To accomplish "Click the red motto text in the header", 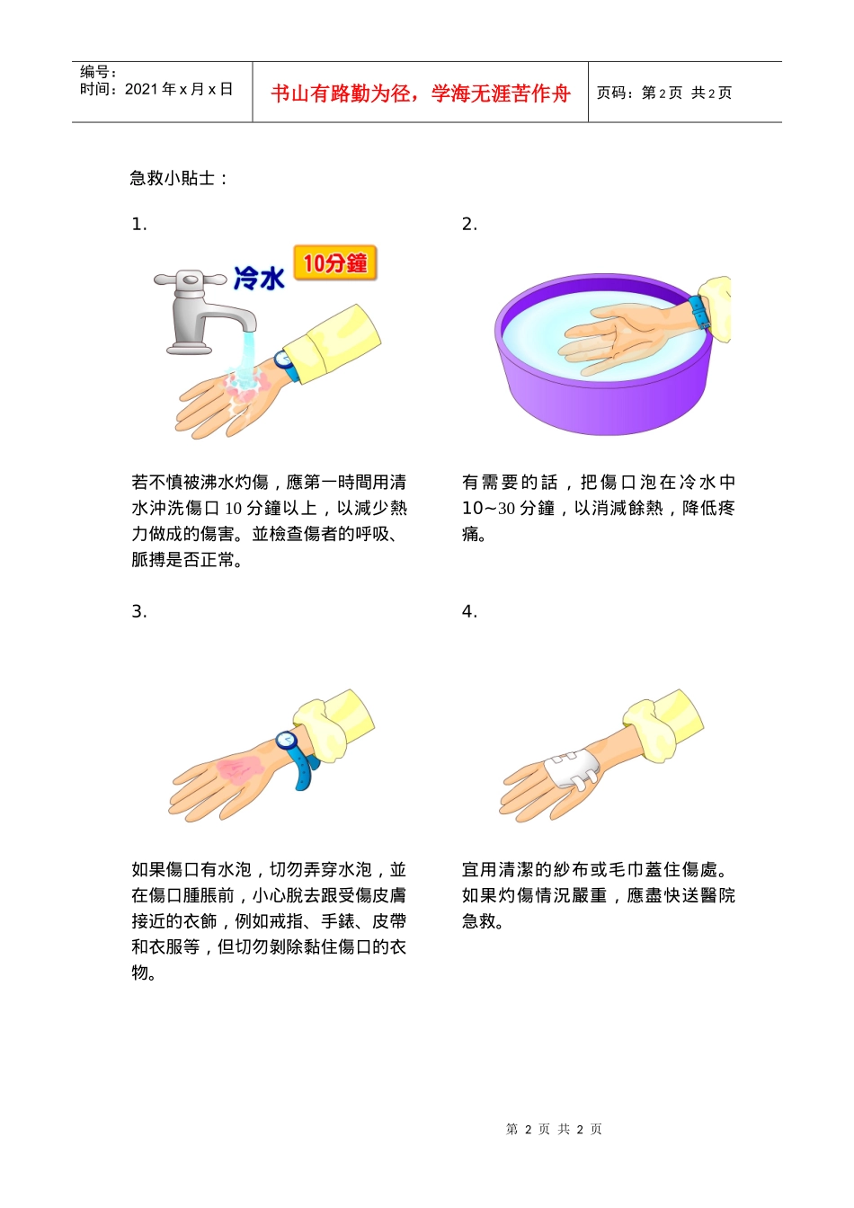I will point(420,93).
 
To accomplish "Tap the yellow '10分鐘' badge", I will point(335,263).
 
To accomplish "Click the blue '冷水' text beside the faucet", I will point(259,278).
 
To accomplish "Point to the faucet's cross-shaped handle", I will point(190,280).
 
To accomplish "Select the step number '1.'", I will point(138,225).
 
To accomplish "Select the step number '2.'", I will point(469,225).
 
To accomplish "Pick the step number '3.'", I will point(138,612).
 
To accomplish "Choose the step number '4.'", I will point(469,612).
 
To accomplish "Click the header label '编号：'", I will point(98,72).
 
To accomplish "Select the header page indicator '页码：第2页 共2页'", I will point(664,93).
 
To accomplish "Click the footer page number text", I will point(554,1129).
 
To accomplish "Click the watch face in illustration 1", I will point(283,360).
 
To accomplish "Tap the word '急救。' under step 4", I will point(483,921).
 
